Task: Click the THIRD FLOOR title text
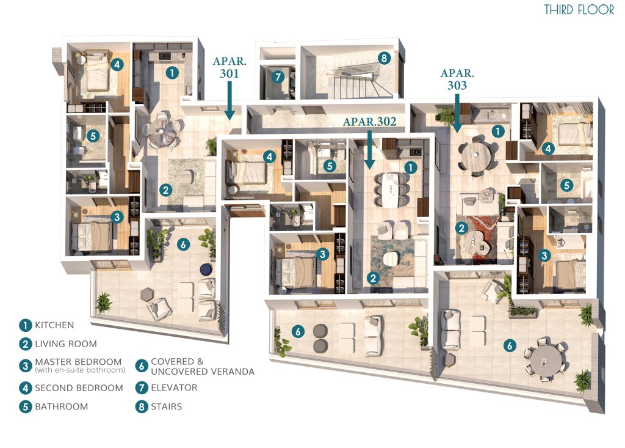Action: click(x=579, y=10)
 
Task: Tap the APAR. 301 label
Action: click(x=229, y=67)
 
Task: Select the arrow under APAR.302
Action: click(x=369, y=149)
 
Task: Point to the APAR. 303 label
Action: click(x=457, y=79)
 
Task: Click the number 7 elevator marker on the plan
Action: click(x=278, y=76)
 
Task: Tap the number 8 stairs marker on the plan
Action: click(x=384, y=58)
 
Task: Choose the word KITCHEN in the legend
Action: click(x=54, y=325)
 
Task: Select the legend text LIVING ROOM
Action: click(x=66, y=343)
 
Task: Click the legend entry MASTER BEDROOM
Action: click(x=78, y=362)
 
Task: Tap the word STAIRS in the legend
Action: click(x=166, y=406)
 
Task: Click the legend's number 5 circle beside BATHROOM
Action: click(x=26, y=406)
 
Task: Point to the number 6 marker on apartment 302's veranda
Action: click(x=298, y=331)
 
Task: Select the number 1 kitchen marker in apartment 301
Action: click(x=172, y=73)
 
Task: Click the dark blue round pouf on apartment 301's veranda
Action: click(x=206, y=270)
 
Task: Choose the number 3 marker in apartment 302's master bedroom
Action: click(x=322, y=254)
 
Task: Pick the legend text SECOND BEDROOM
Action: click(x=79, y=387)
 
